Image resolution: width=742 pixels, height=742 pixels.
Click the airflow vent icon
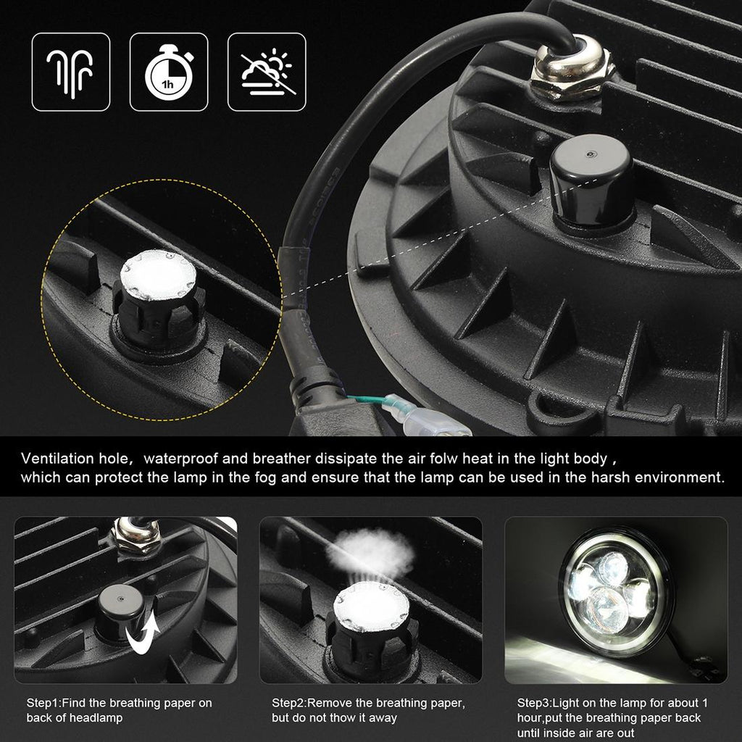(x=70, y=72)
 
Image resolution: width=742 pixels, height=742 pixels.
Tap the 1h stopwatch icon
(x=168, y=72)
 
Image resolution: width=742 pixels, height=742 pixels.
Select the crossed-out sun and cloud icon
(x=267, y=72)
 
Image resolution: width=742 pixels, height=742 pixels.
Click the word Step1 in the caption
(x=43, y=703)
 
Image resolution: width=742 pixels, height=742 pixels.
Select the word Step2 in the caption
(x=289, y=703)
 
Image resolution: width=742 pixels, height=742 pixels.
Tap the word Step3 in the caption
(x=534, y=703)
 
